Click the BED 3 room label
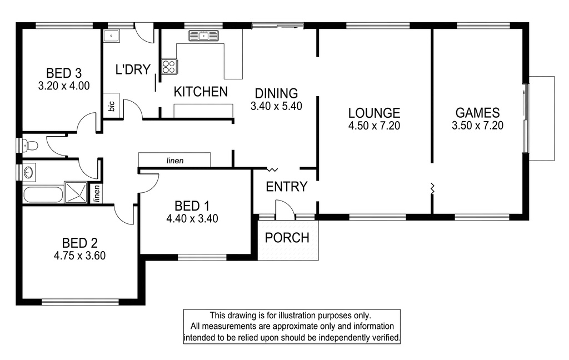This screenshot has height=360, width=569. pyautogui.click(x=63, y=73)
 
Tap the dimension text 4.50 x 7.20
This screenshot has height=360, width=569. pyautogui.click(x=374, y=126)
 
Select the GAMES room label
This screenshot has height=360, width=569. pyautogui.click(x=477, y=113)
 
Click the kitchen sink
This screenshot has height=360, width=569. pyautogui.click(x=203, y=36)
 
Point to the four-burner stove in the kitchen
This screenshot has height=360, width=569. pyautogui.click(x=169, y=67)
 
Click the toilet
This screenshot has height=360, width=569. pyautogui.click(x=30, y=146)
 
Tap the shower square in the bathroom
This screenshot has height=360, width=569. pyautogui.click(x=76, y=192)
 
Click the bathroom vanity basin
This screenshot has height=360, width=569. pyautogui.click(x=29, y=172)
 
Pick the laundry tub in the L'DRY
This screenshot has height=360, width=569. pyautogui.click(x=111, y=36)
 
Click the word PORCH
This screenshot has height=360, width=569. pyautogui.click(x=287, y=238)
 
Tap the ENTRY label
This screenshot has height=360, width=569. pyautogui.click(x=286, y=187)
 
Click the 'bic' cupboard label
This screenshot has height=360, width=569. pyautogui.click(x=112, y=106)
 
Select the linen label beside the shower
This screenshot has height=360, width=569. pyautogui.click(x=96, y=193)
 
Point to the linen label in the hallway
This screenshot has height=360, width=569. pyautogui.click(x=175, y=161)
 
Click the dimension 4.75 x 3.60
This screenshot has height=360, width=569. pyautogui.click(x=79, y=256)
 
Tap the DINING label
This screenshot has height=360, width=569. pyautogui.click(x=277, y=93)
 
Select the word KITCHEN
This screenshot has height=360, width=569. pyautogui.click(x=201, y=92)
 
